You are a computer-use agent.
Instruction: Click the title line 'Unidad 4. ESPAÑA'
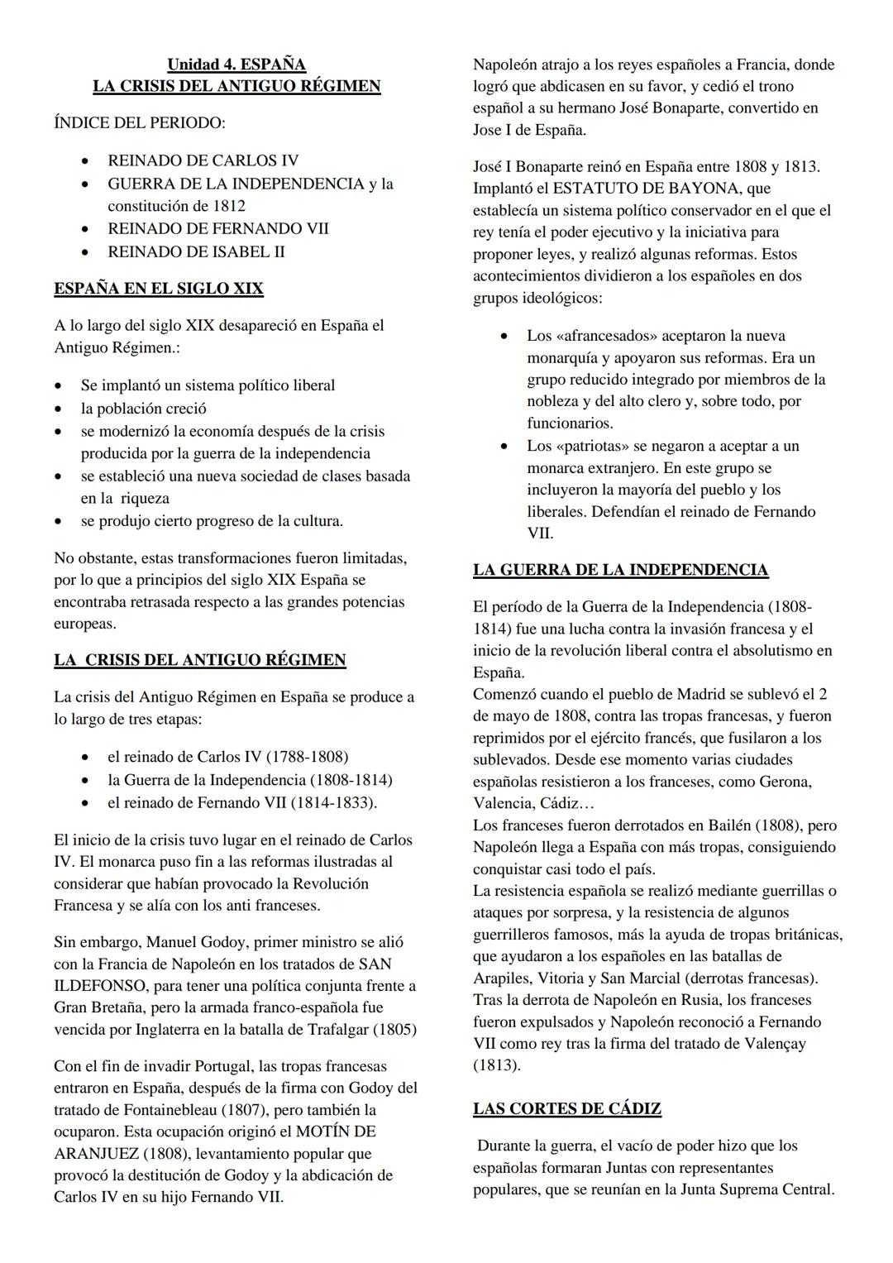[x=236, y=65]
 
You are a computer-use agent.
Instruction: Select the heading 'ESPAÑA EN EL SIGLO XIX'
[x=159, y=289]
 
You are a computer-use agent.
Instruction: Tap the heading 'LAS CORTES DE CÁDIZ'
[x=566, y=1108]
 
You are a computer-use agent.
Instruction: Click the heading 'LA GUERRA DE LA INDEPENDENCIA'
[x=620, y=570]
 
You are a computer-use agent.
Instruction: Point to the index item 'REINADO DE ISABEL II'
[x=196, y=251]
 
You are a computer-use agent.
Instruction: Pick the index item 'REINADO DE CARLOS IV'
[x=203, y=160]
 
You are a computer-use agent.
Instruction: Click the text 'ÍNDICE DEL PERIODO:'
[x=139, y=122]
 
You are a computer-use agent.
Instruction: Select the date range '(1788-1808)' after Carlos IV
[x=307, y=757]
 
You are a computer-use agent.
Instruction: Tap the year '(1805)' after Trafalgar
[x=394, y=1030]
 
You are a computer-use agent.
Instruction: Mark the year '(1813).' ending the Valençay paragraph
[x=497, y=1065]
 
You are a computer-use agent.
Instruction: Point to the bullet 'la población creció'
[x=143, y=409]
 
